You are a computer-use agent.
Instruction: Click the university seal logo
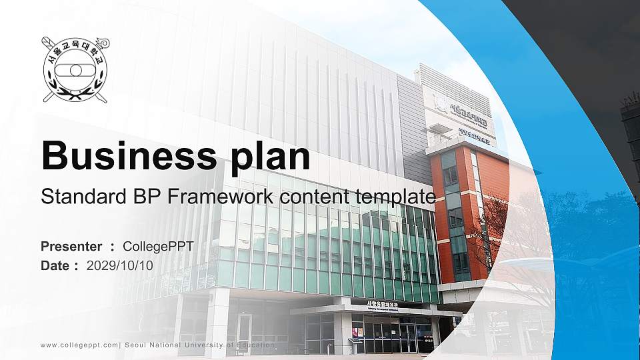coord(75,69)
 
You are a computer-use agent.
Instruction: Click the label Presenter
coord(71,247)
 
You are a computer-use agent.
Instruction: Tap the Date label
coord(56,265)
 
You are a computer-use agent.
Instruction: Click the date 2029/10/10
coord(120,265)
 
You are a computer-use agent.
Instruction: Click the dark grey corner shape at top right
coord(587,40)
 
